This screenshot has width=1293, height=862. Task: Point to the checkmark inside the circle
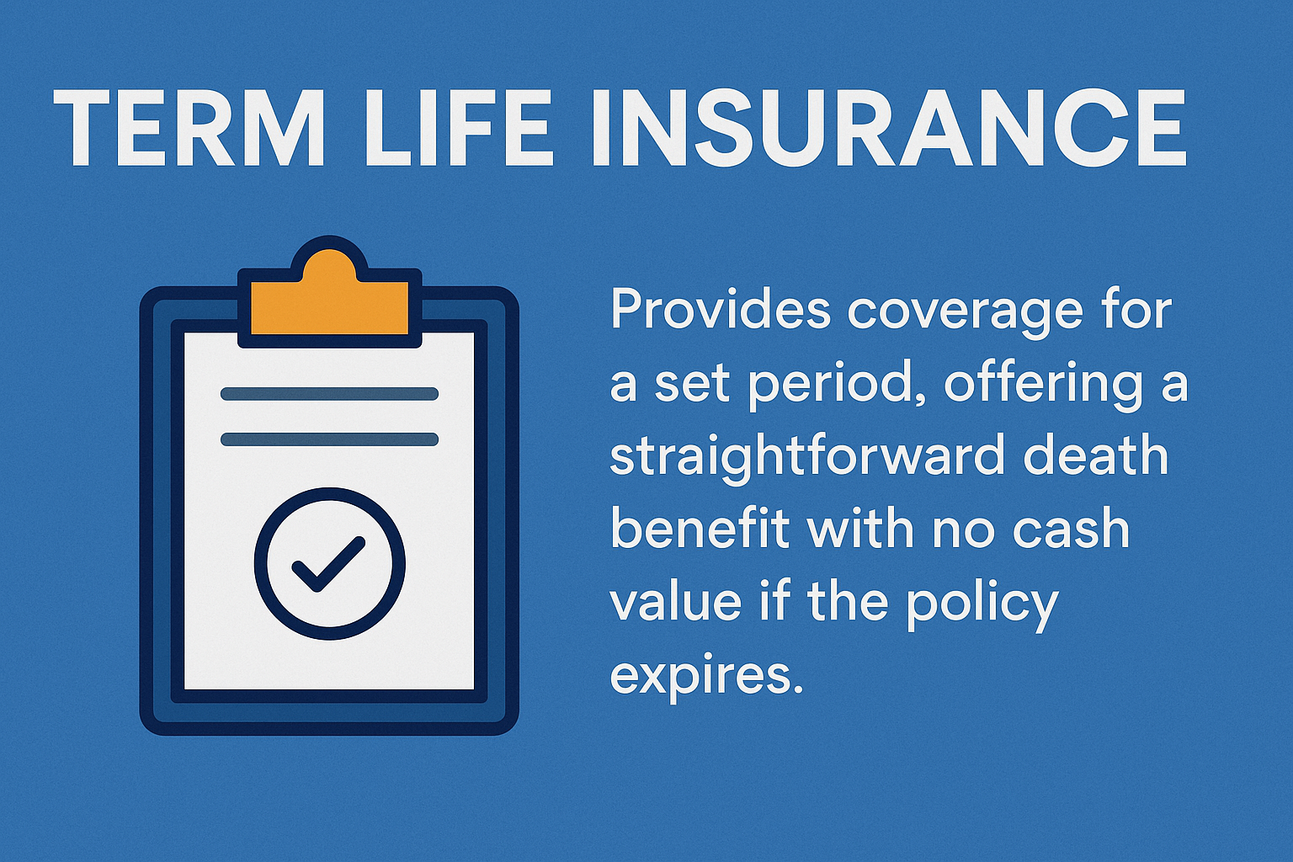(327, 563)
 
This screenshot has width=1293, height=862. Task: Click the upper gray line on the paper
(329, 394)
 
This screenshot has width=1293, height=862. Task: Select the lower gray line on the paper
(329, 439)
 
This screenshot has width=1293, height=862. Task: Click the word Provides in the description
(721, 310)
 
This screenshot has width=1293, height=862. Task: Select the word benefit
(700, 529)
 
